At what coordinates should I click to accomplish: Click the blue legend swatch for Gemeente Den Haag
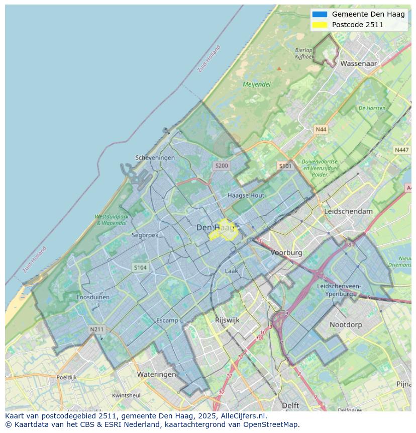coord(319,14)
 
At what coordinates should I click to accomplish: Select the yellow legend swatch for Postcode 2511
coord(319,25)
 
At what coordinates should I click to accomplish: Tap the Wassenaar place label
coord(358,64)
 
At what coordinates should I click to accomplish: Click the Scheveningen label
coord(155,157)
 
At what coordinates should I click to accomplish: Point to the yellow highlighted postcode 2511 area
coord(222,230)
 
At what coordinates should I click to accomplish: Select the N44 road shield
coord(321,129)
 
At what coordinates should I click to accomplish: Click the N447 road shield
coord(401,150)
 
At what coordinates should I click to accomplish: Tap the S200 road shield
coord(221,165)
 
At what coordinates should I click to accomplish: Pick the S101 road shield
coord(285,165)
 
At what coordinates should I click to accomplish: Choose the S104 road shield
coord(140,268)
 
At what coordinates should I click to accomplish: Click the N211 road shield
coord(96,329)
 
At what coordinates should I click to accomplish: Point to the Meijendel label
coord(257,84)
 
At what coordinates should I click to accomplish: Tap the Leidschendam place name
coord(349,211)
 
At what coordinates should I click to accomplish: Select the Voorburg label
coord(286,252)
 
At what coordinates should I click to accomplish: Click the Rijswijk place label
coord(227,320)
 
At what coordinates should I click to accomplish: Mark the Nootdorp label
coord(346,325)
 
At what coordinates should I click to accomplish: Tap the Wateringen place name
coord(157,374)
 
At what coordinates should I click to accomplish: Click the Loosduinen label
coord(93,297)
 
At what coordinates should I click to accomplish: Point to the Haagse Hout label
coord(246,195)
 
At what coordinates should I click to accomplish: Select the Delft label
coord(290,405)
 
